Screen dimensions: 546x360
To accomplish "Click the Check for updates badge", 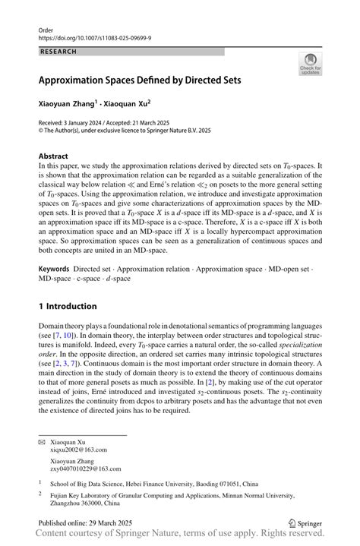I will tap(310, 64).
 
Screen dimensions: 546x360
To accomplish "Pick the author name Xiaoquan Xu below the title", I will tap(128, 100).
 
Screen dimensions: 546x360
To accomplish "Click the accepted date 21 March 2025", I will tap(168, 122).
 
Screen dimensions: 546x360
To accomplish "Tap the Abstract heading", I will tap(53, 156).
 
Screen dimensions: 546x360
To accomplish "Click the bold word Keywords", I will tap(53, 248).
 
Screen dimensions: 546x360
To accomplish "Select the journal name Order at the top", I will tap(46, 28).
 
